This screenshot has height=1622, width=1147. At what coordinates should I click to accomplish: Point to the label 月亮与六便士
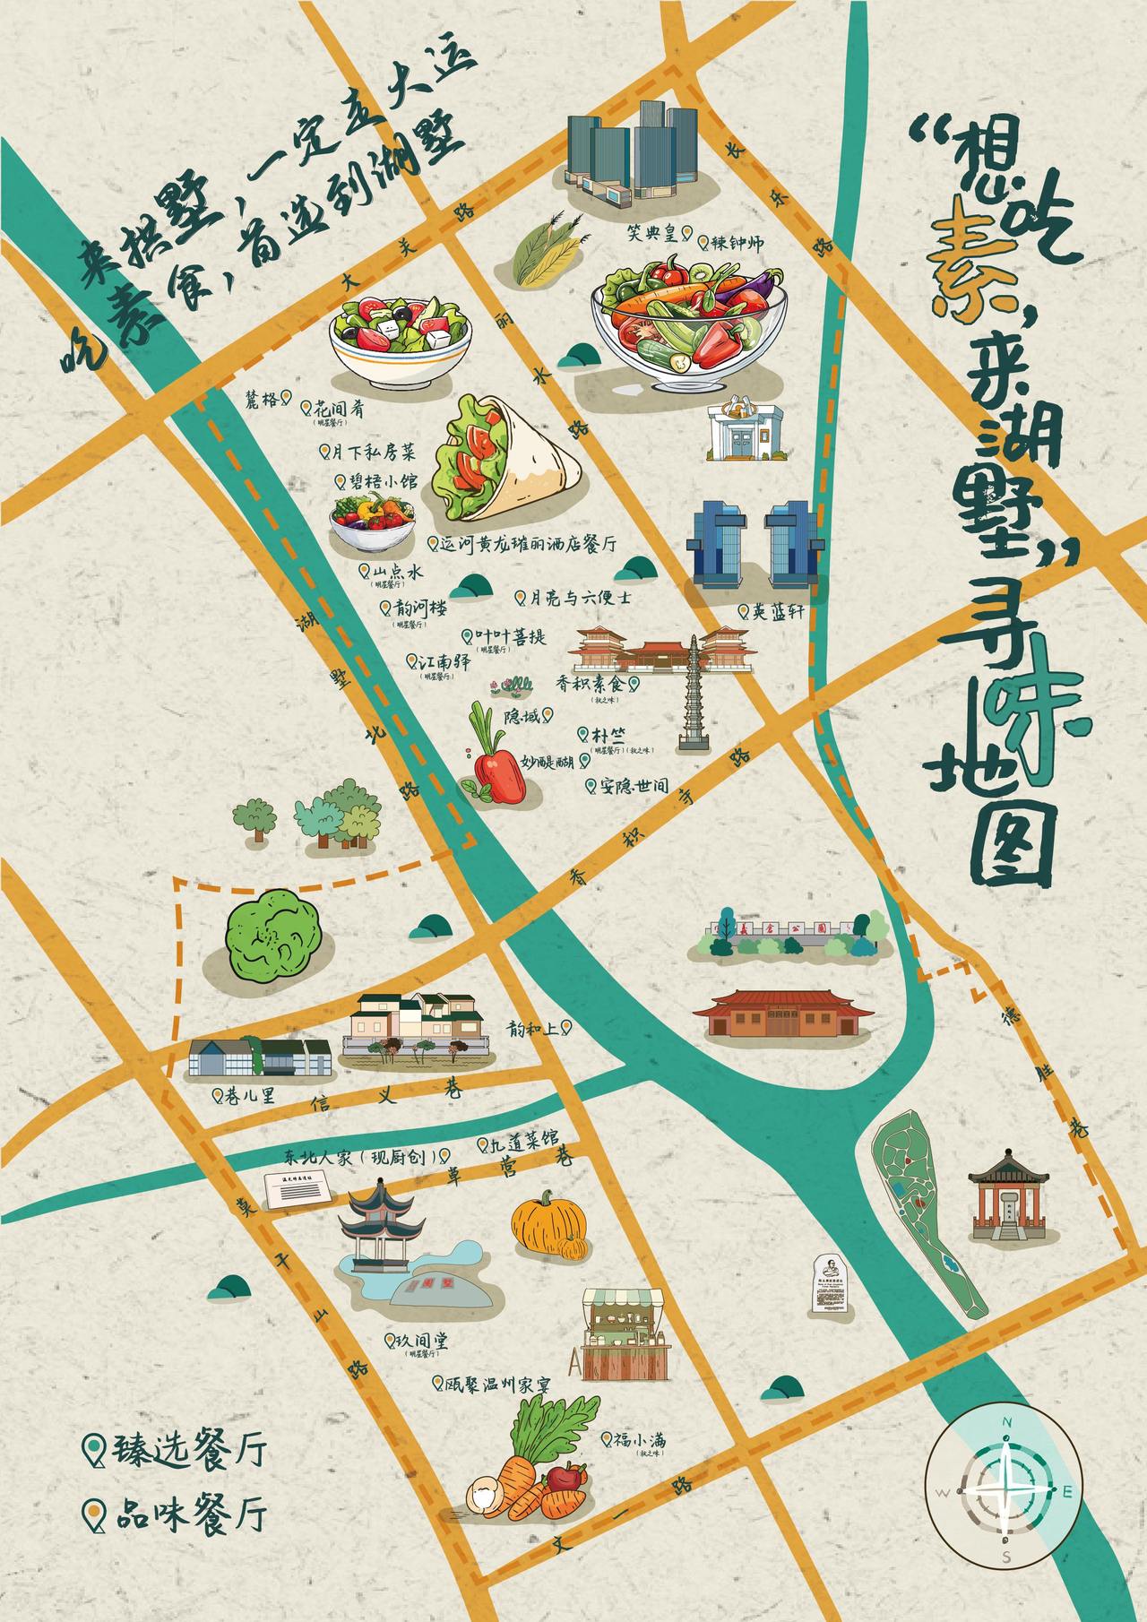click(579, 598)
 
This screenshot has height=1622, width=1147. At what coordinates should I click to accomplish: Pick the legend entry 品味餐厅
click(179, 1515)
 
